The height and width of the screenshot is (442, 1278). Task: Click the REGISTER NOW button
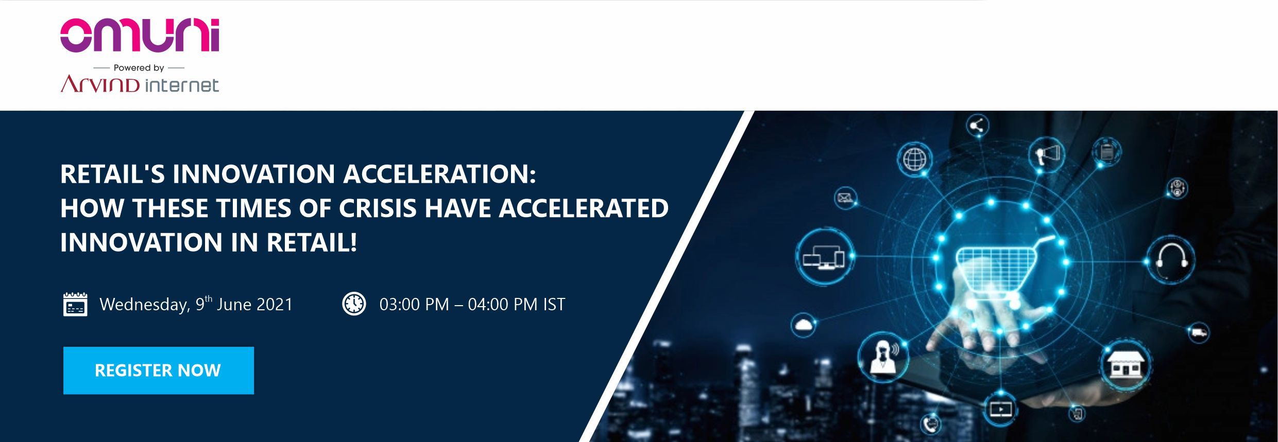[x=158, y=370]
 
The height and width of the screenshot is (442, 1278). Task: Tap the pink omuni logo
[x=140, y=35]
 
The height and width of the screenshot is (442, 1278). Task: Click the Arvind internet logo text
[x=140, y=84]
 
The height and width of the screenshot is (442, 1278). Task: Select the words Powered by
[x=139, y=67]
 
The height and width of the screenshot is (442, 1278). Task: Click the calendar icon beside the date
[x=75, y=304]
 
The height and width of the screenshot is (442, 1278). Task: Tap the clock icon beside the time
[x=354, y=304]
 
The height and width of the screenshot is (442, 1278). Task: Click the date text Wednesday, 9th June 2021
[x=196, y=304]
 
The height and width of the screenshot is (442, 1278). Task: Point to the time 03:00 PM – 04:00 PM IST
[x=472, y=304]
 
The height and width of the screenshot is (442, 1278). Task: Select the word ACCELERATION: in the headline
[x=439, y=173]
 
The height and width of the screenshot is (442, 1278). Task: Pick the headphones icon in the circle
[x=1170, y=260]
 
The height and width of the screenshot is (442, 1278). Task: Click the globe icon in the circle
[x=914, y=159]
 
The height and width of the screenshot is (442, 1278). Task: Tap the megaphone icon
[x=1046, y=154]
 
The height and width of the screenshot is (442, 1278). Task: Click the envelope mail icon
[x=845, y=198]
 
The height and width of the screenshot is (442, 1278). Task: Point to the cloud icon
[x=803, y=325]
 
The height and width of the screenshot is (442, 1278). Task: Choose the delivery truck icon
[x=1198, y=332]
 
